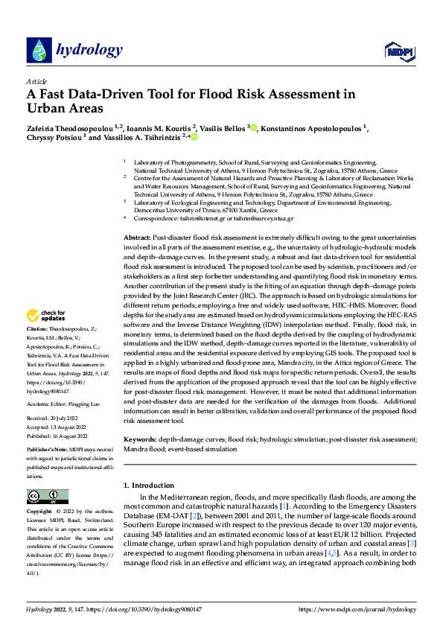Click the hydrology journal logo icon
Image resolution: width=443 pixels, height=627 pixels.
37,50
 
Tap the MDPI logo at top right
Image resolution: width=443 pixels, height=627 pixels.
397,51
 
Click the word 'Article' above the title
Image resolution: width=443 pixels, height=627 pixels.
36,81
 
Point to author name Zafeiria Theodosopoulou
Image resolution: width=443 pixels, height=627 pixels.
73,127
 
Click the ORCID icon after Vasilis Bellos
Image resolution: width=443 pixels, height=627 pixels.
254,128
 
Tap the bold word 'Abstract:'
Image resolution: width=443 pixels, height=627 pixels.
138,236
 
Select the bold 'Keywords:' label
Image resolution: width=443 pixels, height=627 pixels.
140,440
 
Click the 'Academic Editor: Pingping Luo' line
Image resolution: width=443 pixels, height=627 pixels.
64,405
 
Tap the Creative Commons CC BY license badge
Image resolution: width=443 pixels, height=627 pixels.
48,496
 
